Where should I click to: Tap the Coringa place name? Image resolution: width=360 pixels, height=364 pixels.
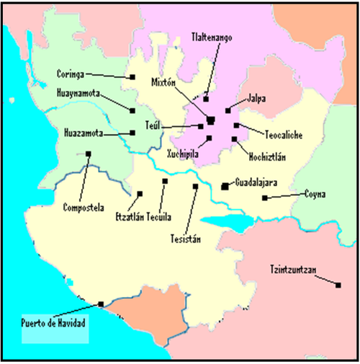71,73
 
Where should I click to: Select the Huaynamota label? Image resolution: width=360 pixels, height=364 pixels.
78,93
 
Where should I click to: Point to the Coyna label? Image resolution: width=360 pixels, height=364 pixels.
315,193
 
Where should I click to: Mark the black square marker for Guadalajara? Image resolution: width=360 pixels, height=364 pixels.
225,186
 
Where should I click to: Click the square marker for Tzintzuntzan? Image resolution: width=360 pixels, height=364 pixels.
338,285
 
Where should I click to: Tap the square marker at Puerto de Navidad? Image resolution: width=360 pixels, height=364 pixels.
100,303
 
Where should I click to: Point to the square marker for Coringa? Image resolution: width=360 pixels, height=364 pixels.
132,77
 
